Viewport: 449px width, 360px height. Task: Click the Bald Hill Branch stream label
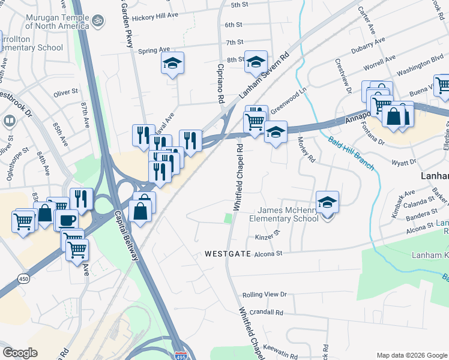point(351,153)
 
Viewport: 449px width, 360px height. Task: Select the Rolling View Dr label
point(265,295)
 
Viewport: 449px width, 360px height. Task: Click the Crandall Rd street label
point(267,313)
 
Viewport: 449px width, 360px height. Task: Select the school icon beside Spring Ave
point(173,64)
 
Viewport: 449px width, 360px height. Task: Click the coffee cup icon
point(66,219)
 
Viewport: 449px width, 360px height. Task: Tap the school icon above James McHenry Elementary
point(328,202)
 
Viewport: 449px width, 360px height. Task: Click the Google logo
point(20,353)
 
